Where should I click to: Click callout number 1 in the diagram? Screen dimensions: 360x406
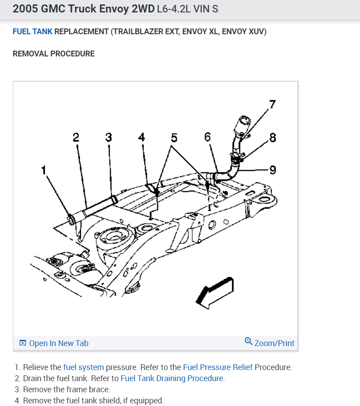44,170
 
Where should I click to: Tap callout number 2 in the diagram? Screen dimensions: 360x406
76,137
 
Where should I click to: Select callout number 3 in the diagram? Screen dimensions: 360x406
108,137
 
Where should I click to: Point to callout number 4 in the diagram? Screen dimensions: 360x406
141,137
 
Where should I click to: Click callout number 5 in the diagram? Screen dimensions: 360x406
174,137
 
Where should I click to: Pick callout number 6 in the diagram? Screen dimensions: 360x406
207,137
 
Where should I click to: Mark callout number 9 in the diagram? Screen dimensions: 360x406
273,169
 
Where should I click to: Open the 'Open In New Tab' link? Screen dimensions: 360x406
58,343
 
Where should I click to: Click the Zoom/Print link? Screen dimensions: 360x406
274,343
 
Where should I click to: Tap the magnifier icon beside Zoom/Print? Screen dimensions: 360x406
249,342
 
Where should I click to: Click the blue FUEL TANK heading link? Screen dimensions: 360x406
32,32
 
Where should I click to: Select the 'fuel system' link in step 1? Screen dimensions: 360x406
83,367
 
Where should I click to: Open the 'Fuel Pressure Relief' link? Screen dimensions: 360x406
218,367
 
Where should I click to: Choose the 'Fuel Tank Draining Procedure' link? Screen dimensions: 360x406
172,378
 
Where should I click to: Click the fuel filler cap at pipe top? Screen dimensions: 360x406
245,121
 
